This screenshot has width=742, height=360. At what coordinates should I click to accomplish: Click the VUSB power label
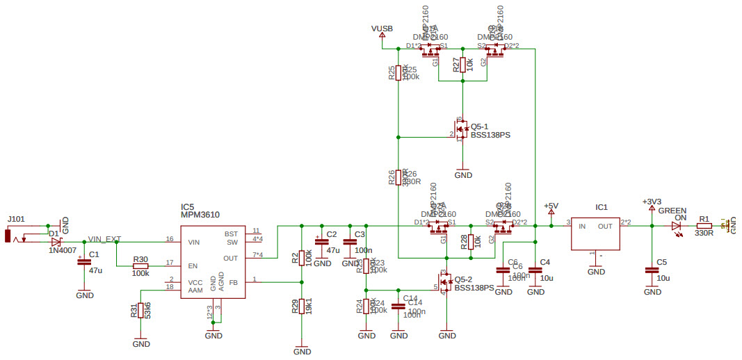pos(382,28)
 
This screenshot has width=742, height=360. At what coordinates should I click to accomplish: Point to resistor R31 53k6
pos(141,311)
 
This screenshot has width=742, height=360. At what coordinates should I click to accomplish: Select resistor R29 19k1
pos(301,306)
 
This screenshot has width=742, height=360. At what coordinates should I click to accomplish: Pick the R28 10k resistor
pos(471,242)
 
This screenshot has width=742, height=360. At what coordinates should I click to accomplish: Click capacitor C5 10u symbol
pos(652,270)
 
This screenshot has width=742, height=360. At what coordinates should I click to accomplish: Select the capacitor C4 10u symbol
pos(535,270)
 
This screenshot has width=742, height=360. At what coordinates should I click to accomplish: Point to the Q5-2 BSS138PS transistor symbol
pos(444,283)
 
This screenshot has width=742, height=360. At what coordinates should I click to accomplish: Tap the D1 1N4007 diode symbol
pos(57,241)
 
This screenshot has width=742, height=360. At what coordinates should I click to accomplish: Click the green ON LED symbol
pos(676,226)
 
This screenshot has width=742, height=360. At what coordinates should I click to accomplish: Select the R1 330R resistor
pos(704,226)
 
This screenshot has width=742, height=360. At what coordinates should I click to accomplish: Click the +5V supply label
pos(551,206)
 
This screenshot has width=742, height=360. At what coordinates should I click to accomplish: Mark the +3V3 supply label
pos(652,202)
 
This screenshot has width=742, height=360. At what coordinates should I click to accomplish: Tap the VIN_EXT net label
pos(104,238)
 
